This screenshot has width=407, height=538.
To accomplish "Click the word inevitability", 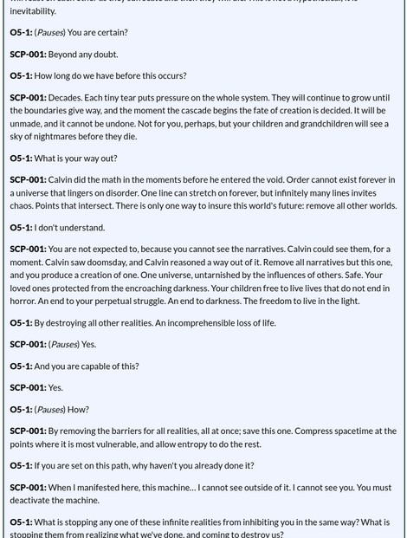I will tap(32, 10).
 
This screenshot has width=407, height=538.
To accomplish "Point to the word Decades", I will tap(67, 98).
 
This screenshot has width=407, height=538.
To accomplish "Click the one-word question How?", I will tap(77, 410).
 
